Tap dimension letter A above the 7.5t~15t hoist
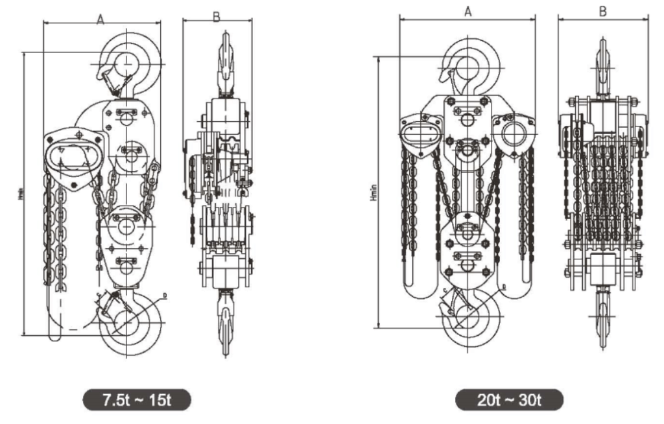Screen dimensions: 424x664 (x=101, y=20)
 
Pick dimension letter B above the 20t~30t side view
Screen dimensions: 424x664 (x=603, y=11)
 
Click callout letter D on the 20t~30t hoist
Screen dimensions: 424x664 (x=503, y=286)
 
